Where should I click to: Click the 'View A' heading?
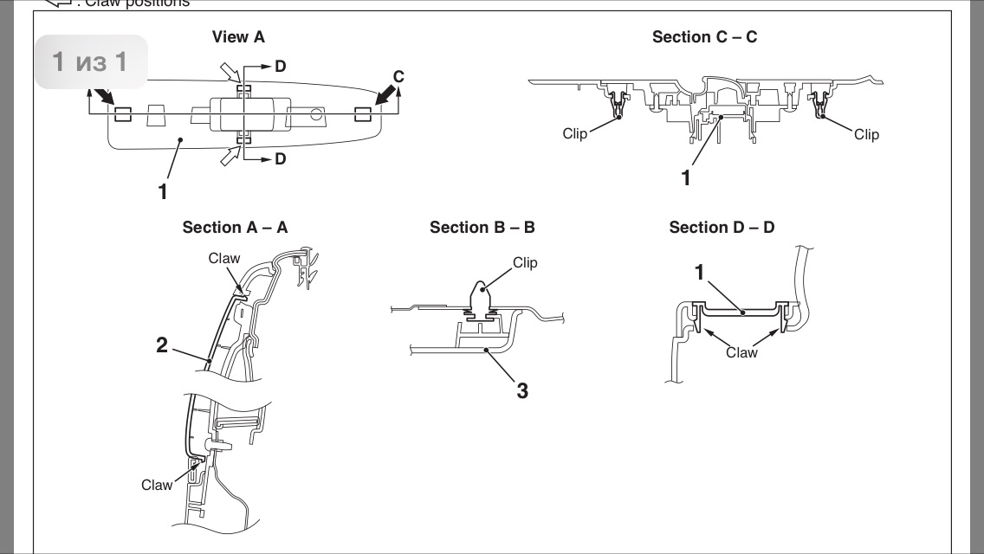(x=238, y=37)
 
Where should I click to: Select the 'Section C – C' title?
(x=705, y=37)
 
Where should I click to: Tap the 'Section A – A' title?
(x=235, y=228)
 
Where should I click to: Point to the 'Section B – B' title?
(x=482, y=228)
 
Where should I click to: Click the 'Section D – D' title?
(x=722, y=228)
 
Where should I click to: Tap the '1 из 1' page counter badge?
(x=90, y=62)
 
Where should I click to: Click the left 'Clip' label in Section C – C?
(x=574, y=134)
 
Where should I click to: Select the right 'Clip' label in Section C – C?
(x=866, y=134)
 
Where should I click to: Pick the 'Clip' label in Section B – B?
(x=525, y=262)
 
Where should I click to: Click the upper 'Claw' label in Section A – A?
(x=224, y=259)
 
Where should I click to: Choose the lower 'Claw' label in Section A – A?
(x=157, y=485)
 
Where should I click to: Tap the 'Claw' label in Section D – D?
(x=741, y=352)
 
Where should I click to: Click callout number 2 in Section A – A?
(x=162, y=345)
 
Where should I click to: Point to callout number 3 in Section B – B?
(x=521, y=391)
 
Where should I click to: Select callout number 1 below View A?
(x=162, y=191)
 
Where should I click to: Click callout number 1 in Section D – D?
(x=699, y=273)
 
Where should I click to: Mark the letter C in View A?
(x=398, y=77)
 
